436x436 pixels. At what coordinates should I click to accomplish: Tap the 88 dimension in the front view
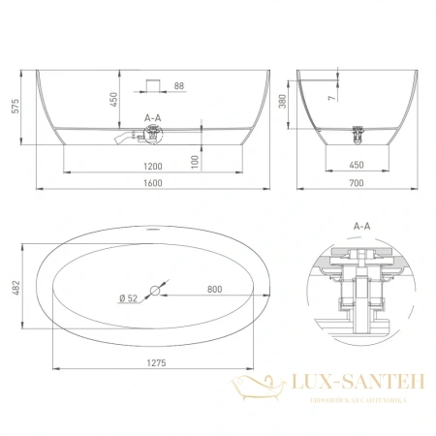coord(179,87)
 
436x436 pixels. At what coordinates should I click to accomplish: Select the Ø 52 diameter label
coord(135,299)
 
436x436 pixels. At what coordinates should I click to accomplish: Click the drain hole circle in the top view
coord(156,289)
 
